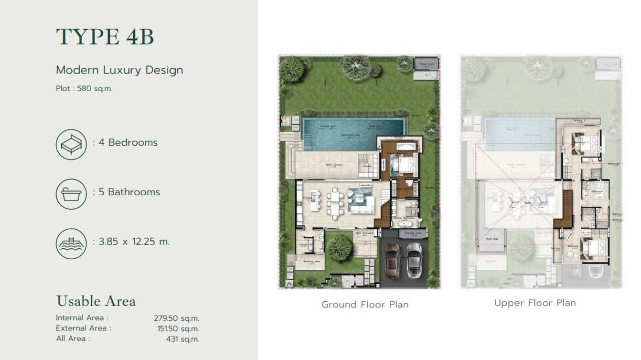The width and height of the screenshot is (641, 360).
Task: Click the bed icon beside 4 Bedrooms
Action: click(71, 144)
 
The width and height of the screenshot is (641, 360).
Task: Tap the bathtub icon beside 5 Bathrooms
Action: click(71, 194)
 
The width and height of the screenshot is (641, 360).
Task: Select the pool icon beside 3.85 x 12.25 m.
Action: click(71, 244)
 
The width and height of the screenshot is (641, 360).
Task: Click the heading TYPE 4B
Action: click(105, 37)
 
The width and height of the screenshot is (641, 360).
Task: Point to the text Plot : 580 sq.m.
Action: click(84, 88)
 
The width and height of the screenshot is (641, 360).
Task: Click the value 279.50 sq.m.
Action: click(176, 318)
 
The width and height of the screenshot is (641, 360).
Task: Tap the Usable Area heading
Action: click(96, 301)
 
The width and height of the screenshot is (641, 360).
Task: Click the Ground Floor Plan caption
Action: click(365, 304)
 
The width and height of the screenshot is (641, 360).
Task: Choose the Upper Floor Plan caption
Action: click(535, 303)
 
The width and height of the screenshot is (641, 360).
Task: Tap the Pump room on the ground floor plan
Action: click(426, 64)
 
